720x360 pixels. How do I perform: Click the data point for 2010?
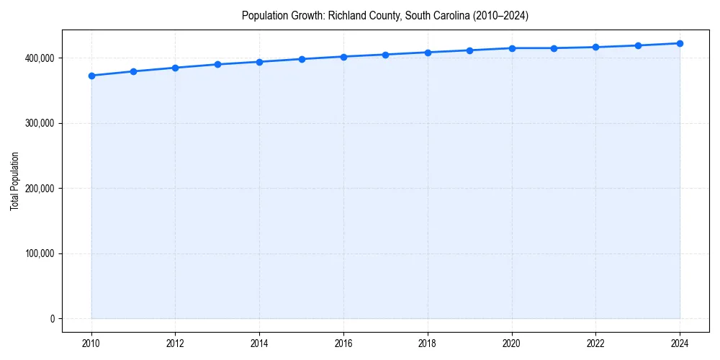click(x=91, y=76)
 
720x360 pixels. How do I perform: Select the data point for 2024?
click(x=680, y=43)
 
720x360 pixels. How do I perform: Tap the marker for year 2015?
click(x=302, y=59)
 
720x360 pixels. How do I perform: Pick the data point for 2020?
click(x=512, y=48)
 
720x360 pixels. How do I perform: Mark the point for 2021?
click(x=554, y=48)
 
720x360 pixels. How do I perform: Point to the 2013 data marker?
click(x=217, y=64)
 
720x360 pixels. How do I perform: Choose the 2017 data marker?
click(x=386, y=55)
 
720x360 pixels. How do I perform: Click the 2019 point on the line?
click(x=469, y=50)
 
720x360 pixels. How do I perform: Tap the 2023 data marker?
click(x=638, y=45)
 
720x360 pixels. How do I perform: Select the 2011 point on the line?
click(x=133, y=71)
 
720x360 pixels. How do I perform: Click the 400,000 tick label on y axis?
click(x=39, y=58)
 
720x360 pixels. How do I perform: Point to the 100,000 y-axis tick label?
click(x=39, y=253)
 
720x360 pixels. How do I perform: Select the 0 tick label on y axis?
click(x=52, y=319)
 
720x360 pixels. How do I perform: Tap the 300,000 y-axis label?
click(x=39, y=123)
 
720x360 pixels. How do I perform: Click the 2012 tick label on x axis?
click(x=175, y=343)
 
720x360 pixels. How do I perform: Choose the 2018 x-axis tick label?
click(x=428, y=343)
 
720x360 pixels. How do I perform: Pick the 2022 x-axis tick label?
click(x=595, y=343)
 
